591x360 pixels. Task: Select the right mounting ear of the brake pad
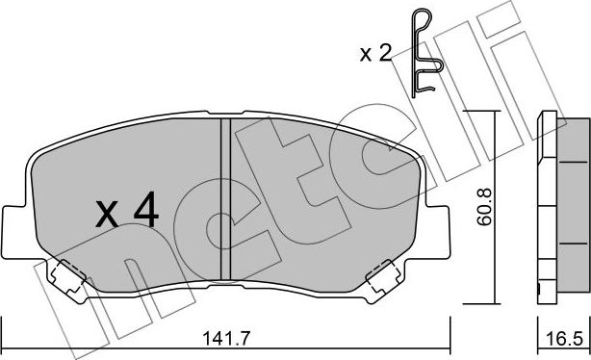pos(440,228)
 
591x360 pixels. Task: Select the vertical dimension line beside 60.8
pos(493,206)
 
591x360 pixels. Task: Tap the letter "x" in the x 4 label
pos(108,214)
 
